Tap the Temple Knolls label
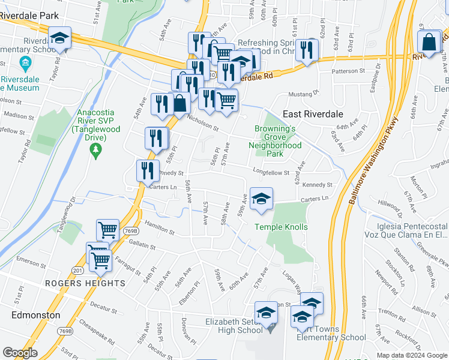[x=281, y=227]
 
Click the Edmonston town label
[x=36, y=315]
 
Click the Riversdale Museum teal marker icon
[x=25, y=62]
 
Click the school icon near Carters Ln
[x=261, y=199]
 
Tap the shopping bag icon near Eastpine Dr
[x=429, y=42]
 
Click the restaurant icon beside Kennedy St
[x=148, y=170]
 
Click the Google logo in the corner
[x=20, y=353]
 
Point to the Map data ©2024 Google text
[x=412, y=355]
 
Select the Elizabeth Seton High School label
[x=234, y=326]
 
